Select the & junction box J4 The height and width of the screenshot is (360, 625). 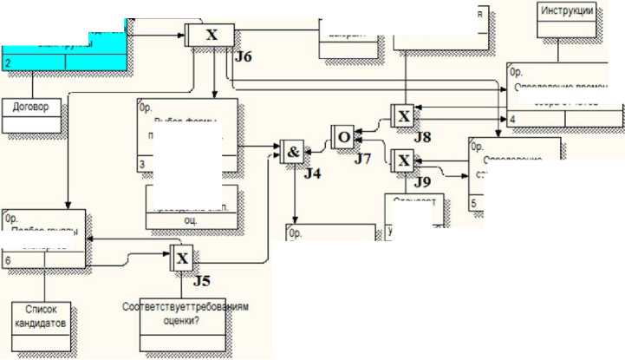click(x=292, y=151)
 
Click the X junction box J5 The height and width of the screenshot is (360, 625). click(x=181, y=258)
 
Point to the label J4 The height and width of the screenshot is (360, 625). click(x=312, y=174)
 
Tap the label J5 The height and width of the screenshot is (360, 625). click(x=201, y=280)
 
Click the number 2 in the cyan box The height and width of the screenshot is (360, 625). click(x=7, y=63)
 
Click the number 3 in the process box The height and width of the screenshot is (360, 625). click(x=142, y=162)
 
